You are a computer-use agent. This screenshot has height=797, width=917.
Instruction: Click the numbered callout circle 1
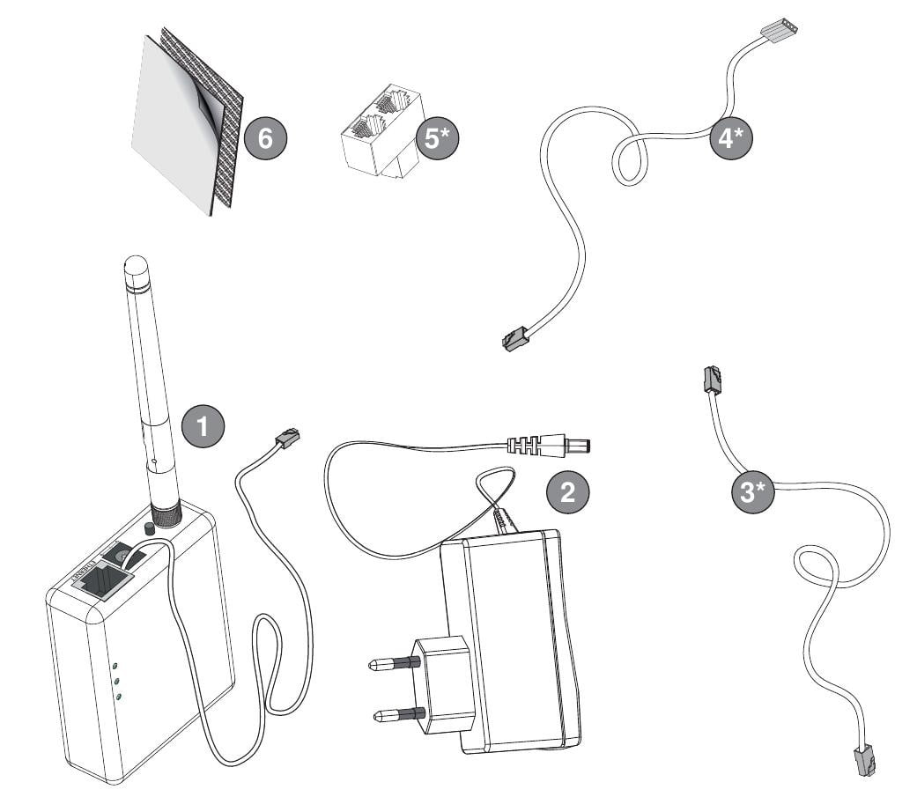[x=203, y=426]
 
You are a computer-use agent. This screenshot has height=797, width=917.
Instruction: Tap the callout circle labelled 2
[x=568, y=491]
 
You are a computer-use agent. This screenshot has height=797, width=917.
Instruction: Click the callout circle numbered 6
[x=266, y=137]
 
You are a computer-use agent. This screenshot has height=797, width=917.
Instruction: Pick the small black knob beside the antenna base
[x=148, y=528]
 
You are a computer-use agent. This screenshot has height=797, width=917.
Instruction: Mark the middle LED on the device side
[x=115, y=681]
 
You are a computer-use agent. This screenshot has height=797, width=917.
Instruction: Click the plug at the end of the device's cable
[x=288, y=438]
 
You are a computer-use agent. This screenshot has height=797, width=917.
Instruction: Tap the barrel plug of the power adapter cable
[x=564, y=446]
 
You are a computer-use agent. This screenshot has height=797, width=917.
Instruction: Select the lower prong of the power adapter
[x=392, y=715]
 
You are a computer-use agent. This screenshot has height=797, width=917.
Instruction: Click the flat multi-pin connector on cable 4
[x=779, y=31]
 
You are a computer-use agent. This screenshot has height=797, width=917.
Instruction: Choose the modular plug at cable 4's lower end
[x=514, y=337]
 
